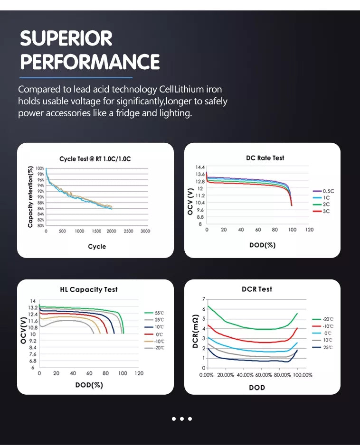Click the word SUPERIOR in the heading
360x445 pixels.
(66, 39)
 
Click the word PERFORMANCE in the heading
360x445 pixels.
(90, 62)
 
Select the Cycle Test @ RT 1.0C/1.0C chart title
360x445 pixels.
(95, 159)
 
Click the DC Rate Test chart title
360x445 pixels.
(265, 158)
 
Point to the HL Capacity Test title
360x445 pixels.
(89, 289)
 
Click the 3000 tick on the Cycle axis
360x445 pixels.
(145, 231)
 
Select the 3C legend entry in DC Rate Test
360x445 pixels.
(326, 211)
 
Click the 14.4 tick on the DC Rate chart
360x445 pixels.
(200, 168)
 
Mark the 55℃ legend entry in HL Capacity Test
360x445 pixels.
(160, 314)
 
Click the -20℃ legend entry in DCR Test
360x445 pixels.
(328, 319)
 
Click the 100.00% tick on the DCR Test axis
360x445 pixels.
(302, 375)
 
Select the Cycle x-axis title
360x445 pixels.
(97, 247)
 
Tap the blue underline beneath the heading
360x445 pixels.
(76, 77)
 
